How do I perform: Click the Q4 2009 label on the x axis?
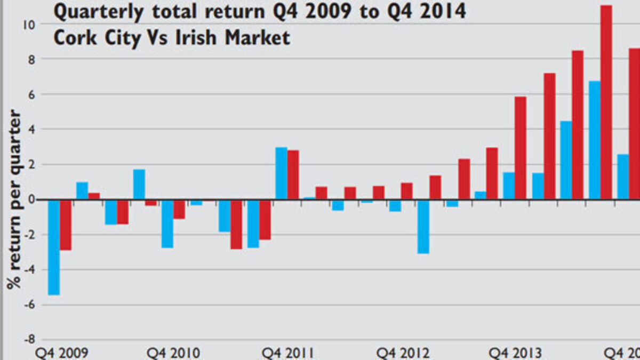(62, 353)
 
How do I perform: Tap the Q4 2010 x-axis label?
(174, 353)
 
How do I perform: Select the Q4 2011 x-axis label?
(288, 353)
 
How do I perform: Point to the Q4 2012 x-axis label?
(403, 353)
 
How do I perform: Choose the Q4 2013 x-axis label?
(516, 353)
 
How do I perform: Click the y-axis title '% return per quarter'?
(14, 200)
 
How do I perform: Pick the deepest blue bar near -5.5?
(53, 247)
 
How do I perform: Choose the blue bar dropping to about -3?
(423, 227)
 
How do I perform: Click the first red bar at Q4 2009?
(66, 225)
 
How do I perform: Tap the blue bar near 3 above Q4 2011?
(281, 173)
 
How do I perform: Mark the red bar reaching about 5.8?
(520, 148)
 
